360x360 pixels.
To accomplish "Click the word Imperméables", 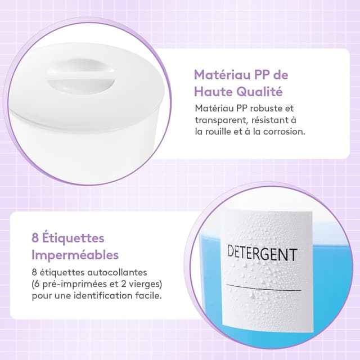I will [x=75, y=254].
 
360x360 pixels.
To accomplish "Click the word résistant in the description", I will [x=272, y=120].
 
